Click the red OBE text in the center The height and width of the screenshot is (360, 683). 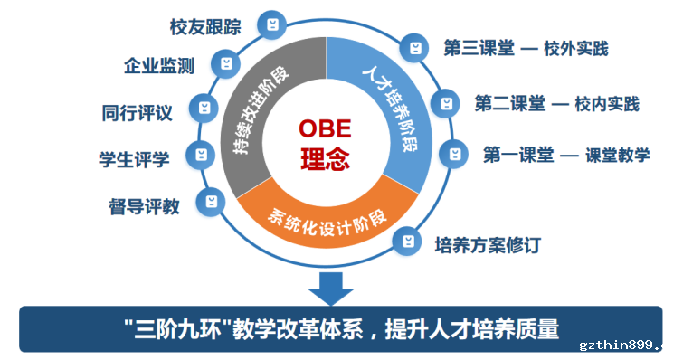point(325,128)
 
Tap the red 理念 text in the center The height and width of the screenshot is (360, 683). point(325,159)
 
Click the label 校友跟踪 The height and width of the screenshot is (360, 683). point(205,27)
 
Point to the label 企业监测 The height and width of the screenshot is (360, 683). point(159,66)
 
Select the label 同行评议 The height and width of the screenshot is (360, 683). point(138,113)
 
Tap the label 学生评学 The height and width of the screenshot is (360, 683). point(134,159)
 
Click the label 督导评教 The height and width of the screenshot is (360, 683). point(144,206)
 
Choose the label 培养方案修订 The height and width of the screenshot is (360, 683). point(488,245)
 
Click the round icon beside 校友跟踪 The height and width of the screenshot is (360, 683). point(272,24)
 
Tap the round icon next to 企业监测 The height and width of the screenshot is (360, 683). point(225,63)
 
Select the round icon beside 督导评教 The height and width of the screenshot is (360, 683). point(211,202)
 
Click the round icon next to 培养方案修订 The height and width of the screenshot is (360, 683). point(407,241)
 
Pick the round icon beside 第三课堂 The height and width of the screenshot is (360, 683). point(414,48)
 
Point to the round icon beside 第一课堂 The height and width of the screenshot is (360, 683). point(454,154)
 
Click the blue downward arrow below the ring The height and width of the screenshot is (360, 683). point(331,289)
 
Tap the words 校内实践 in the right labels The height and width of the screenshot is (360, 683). point(607,104)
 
